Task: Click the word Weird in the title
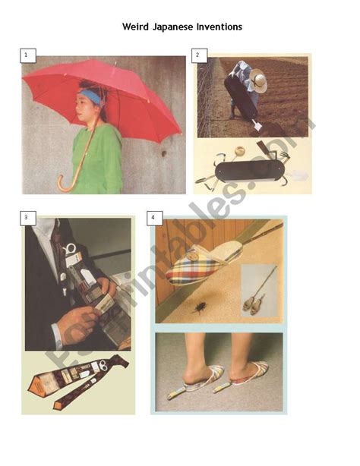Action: [x=137, y=27]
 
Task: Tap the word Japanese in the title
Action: [x=180, y=27]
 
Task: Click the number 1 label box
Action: [x=27, y=55]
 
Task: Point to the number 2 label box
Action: [x=198, y=55]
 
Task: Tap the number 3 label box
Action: [x=27, y=218]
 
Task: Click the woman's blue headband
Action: [x=93, y=97]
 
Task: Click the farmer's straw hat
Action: [x=260, y=82]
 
